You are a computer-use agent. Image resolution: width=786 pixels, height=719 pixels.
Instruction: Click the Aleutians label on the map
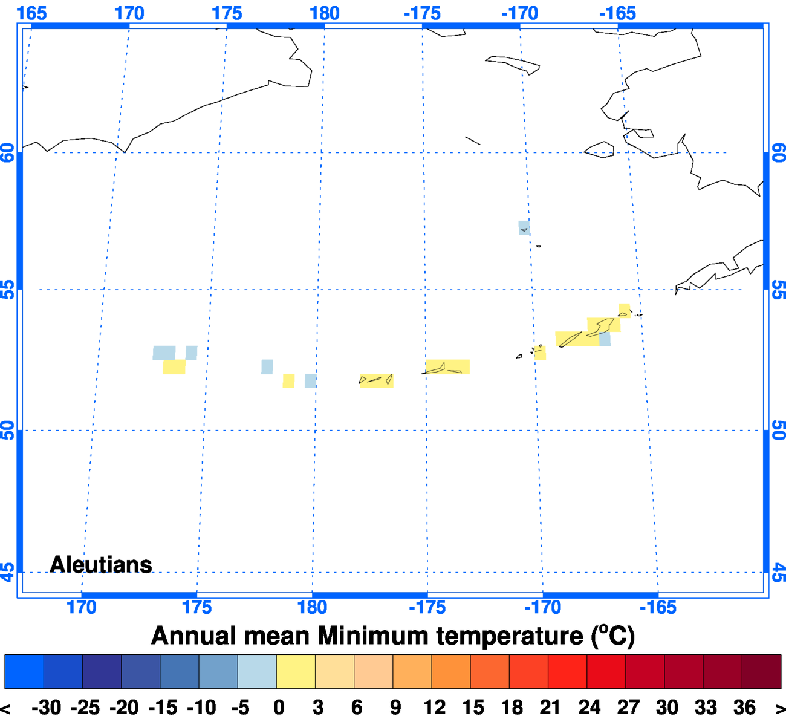(x=101, y=564)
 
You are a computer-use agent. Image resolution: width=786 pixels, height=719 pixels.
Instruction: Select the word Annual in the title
(x=193, y=636)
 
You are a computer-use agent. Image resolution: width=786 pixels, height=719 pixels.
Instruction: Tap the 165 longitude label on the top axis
(x=31, y=13)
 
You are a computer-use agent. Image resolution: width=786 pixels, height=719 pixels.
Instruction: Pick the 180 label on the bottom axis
(x=312, y=607)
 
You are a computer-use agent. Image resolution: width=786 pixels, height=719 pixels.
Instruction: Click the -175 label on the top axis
(x=422, y=13)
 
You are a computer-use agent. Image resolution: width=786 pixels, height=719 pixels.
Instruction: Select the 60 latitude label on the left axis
(x=8, y=152)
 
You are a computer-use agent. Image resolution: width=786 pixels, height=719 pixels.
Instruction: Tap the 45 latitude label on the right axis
(x=779, y=572)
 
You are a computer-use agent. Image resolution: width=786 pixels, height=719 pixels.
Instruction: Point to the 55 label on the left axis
(x=8, y=290)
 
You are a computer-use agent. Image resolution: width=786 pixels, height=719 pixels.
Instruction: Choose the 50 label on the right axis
(x=779, y=431)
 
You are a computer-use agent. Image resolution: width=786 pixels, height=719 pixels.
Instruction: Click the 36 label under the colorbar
(x=744, y=707)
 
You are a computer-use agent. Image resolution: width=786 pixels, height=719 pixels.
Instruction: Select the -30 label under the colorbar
(x=47, y=707)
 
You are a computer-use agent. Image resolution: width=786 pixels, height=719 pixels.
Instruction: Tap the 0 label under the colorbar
(x=279, y=707)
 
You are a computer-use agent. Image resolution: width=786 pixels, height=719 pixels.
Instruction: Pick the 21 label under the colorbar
(x=550, y=707)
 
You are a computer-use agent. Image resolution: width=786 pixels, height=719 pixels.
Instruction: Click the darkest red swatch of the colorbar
(x=761, y=671)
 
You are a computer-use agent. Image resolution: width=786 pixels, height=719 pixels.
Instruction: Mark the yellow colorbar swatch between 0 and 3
(x=296, y=671)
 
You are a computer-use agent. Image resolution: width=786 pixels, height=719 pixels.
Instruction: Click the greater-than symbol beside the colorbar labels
(x=779, y=708)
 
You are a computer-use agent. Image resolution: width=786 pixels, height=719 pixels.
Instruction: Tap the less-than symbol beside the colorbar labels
(x=6, y=708)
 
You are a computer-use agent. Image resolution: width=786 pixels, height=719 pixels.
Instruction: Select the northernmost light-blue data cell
(x=524, y=228)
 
